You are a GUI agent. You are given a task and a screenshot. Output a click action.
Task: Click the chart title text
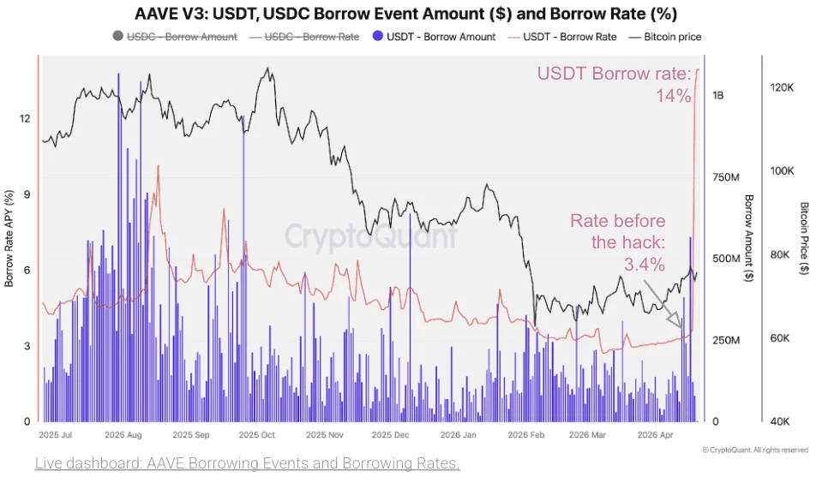pyautogui.click(x=406, y=14)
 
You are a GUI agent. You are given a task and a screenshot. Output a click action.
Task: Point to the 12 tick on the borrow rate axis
pyautogui.click(x=26, y=118)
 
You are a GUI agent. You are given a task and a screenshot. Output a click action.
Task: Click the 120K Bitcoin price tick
pyautogui.click(x=783, y=88)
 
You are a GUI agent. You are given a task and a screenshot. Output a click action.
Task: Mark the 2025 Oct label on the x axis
pyautogui.click(x=256, y=434)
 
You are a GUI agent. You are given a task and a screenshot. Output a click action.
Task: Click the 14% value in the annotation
pyautogui.click(x=674, y=96)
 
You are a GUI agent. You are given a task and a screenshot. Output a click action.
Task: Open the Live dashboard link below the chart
pyautogui.click(x=248, y=463)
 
